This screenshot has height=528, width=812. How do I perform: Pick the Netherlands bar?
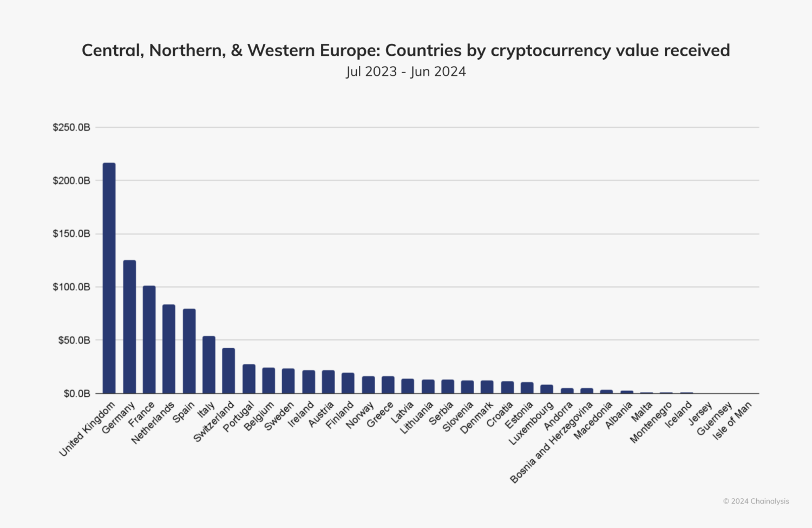click(169, 349)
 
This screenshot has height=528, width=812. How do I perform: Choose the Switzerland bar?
click(228, 370)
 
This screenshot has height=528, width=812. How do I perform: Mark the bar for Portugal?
click(249, 379)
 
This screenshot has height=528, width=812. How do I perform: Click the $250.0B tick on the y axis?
click(71, 127)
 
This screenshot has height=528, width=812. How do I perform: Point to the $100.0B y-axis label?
click(71, 287)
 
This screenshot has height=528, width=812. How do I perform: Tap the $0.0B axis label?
click(76, 394)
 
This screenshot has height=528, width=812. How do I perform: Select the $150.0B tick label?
click(71, 234)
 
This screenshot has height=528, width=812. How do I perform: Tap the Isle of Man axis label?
click(732, 421)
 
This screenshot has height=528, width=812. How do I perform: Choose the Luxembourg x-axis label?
click(531, 424)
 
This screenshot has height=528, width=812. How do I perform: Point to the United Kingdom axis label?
click(87, 429)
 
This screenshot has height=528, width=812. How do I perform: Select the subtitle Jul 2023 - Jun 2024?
click(406, 71)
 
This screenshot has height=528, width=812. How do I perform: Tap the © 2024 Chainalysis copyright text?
click(756, 501)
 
